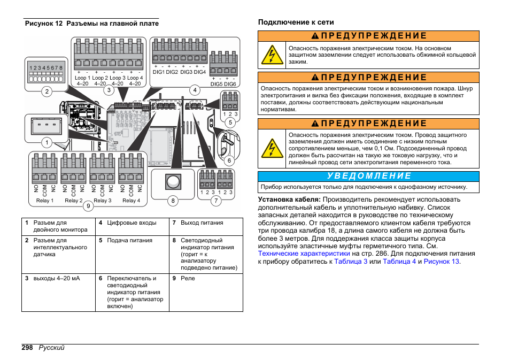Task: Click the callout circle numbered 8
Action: click(x=173, y=201)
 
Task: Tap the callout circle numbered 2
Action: click(x=47, y=91)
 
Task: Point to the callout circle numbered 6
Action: click(x=229, y=160)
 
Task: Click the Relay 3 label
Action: click(x=103, y=201)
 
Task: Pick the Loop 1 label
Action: click(x=82, y=78)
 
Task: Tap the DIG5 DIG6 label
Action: click(x=223, y=84)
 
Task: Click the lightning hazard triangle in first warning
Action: click(x=272, y=55)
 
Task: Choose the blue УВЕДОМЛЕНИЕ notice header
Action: click(x=369, y=176)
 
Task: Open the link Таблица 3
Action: click(x=351, y=262)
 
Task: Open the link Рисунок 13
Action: click(x=441, y=262)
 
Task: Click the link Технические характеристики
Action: click(x=304, y=254)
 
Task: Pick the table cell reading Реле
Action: click(x=188, y=279)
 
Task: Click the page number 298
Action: click(x=28, y=348)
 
